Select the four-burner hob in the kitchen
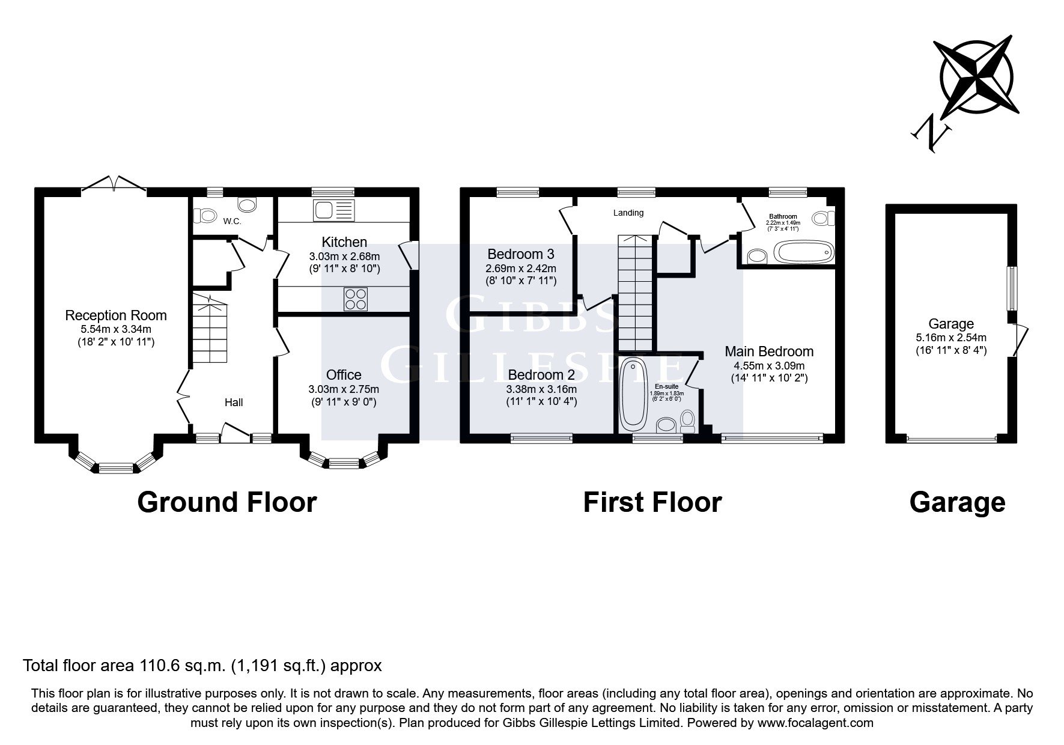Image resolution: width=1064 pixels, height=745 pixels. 356,299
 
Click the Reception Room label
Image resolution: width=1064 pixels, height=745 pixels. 116,315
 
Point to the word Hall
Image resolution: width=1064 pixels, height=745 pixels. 234,403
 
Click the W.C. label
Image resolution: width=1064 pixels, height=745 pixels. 232,222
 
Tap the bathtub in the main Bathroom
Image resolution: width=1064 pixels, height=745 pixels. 804,252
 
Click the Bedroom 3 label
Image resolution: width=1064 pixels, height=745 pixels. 521,254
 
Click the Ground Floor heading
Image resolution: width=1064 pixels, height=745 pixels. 227,502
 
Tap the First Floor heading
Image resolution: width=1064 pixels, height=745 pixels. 652,502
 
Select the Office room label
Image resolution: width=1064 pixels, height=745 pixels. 344,375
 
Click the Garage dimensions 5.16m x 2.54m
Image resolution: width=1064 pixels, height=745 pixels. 951,338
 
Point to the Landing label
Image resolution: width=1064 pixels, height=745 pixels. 628,213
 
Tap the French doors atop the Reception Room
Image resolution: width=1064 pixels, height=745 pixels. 114,184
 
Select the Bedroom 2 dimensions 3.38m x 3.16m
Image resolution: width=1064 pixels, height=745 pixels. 541,389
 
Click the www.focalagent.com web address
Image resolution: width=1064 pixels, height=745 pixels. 815,723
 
